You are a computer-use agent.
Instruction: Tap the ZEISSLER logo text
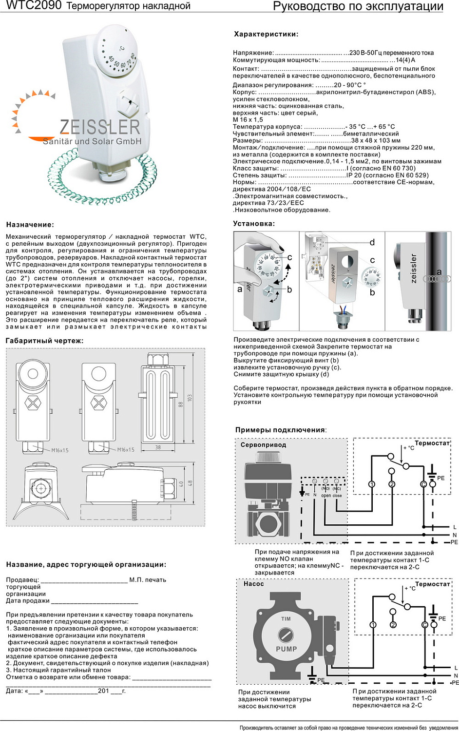tap(100, 127)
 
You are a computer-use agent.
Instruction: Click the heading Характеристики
tap(266, 34)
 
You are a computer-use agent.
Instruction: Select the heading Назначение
tap(30, 225)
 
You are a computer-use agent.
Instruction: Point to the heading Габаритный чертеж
tap(44, 341)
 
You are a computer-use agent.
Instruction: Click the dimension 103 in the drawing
tap(190, 398)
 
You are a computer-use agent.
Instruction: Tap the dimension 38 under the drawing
tap(158, 447)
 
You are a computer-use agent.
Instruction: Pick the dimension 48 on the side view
tap(190, 483)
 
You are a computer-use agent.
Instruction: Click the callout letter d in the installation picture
tap(372, 242)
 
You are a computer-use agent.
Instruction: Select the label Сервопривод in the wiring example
tap(263, 445)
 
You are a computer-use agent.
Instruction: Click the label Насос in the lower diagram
tap(253, 583)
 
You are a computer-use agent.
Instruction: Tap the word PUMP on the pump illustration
tap(287, 649)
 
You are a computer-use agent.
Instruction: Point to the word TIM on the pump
tap(286, 619)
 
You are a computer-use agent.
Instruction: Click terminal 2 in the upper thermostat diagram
tap(392, 484)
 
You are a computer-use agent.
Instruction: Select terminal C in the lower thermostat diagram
tap(424, 625)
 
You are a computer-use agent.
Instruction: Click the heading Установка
tap(254, 224)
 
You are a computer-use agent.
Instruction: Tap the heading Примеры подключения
tap(280, 430)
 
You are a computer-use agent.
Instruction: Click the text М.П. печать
tap(148, 580)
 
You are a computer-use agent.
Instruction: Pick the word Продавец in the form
tap(22, 580)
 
